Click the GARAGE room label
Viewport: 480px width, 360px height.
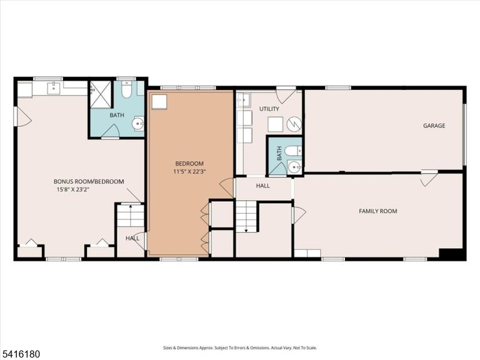click(434, 126)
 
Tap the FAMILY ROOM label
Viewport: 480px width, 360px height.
click(377, 211)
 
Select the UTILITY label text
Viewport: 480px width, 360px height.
click(269, 109)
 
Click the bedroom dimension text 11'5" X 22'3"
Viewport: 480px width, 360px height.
click(189, 171)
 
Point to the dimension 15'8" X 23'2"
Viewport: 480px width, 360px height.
click(72, 189)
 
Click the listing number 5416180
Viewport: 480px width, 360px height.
click(20, 354)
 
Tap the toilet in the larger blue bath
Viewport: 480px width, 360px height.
click(126, 89)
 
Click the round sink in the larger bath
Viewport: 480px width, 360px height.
click(138, 124)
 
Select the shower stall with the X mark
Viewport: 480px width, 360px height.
click(101, 94)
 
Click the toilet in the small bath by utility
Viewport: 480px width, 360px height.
click(293, 151)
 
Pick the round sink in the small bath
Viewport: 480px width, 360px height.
click(294, 167)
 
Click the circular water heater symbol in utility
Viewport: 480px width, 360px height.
click(294, 124)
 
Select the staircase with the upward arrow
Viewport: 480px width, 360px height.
click(131, 215)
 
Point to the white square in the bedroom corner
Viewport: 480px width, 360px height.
click(159, 102)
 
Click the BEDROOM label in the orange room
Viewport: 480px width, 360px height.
click(189, 164)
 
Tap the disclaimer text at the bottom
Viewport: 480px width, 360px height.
click(240, 347)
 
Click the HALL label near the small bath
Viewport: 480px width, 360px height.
click(262, 186)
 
